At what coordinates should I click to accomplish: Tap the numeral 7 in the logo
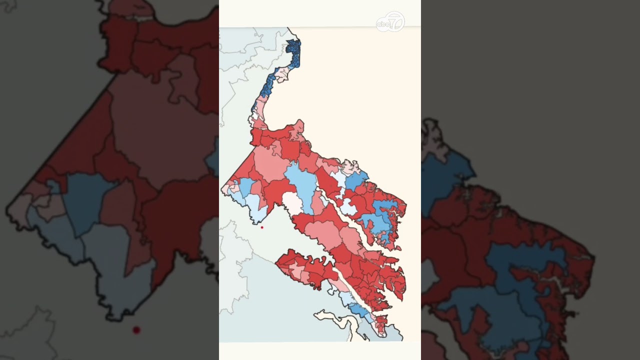(395, 21)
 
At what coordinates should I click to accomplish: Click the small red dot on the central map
(262, 227)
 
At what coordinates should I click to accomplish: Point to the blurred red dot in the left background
(136, 330)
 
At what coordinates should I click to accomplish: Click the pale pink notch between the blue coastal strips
(281, 75)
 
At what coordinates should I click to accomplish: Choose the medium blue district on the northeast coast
(356, 180)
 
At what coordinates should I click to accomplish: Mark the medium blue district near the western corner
(245, 187)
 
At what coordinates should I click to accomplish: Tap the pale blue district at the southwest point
(255, 207)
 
